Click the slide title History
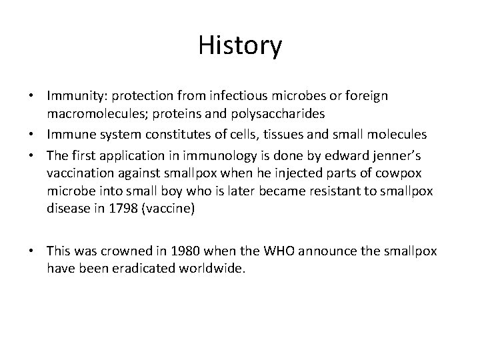[240, 46]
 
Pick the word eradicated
[145, 269]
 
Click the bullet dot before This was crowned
[37, 251]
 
